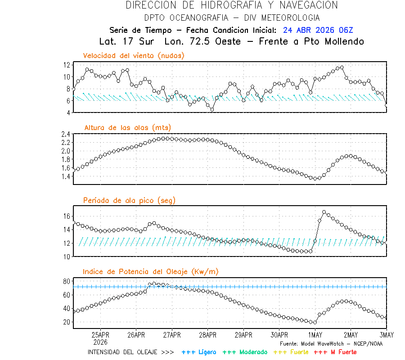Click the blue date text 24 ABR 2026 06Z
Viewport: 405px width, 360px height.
[x=318, y=30]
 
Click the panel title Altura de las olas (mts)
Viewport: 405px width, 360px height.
[x=127, y=128]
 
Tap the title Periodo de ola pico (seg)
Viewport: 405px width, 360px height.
[x=129, y=200]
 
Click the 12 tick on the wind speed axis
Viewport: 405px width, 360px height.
[x=67, y=65]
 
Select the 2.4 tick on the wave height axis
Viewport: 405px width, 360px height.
[x=65, y=134]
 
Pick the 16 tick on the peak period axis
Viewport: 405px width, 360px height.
[x=67, y=216]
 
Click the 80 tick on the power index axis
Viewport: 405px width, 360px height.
[x=67, y=281]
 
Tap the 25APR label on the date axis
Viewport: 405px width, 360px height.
[x=100, y=335]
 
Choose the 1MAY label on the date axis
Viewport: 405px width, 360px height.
[x=315, y=335]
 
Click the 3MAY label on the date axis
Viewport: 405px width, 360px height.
[x=386, y=335]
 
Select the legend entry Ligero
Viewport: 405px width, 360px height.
[x=199, y=352]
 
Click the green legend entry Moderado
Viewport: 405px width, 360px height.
[x=246, y=352]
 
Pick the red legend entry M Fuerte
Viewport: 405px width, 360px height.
[x=335, y=352]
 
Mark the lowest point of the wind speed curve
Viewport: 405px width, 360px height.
[x=212, y=109]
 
